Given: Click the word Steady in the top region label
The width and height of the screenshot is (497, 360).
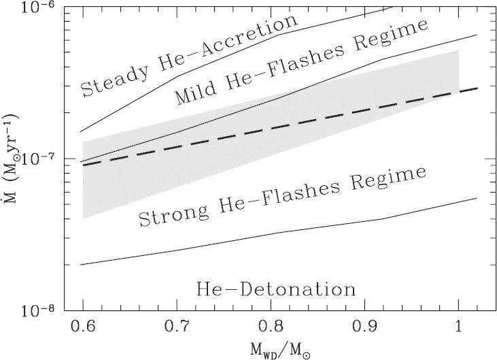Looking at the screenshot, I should (112, 80).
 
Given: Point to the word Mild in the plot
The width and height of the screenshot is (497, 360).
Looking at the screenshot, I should (195, 93).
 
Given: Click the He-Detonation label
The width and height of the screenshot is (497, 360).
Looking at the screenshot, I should (275, 289).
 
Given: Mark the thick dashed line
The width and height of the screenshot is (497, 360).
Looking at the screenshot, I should (272, 126).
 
